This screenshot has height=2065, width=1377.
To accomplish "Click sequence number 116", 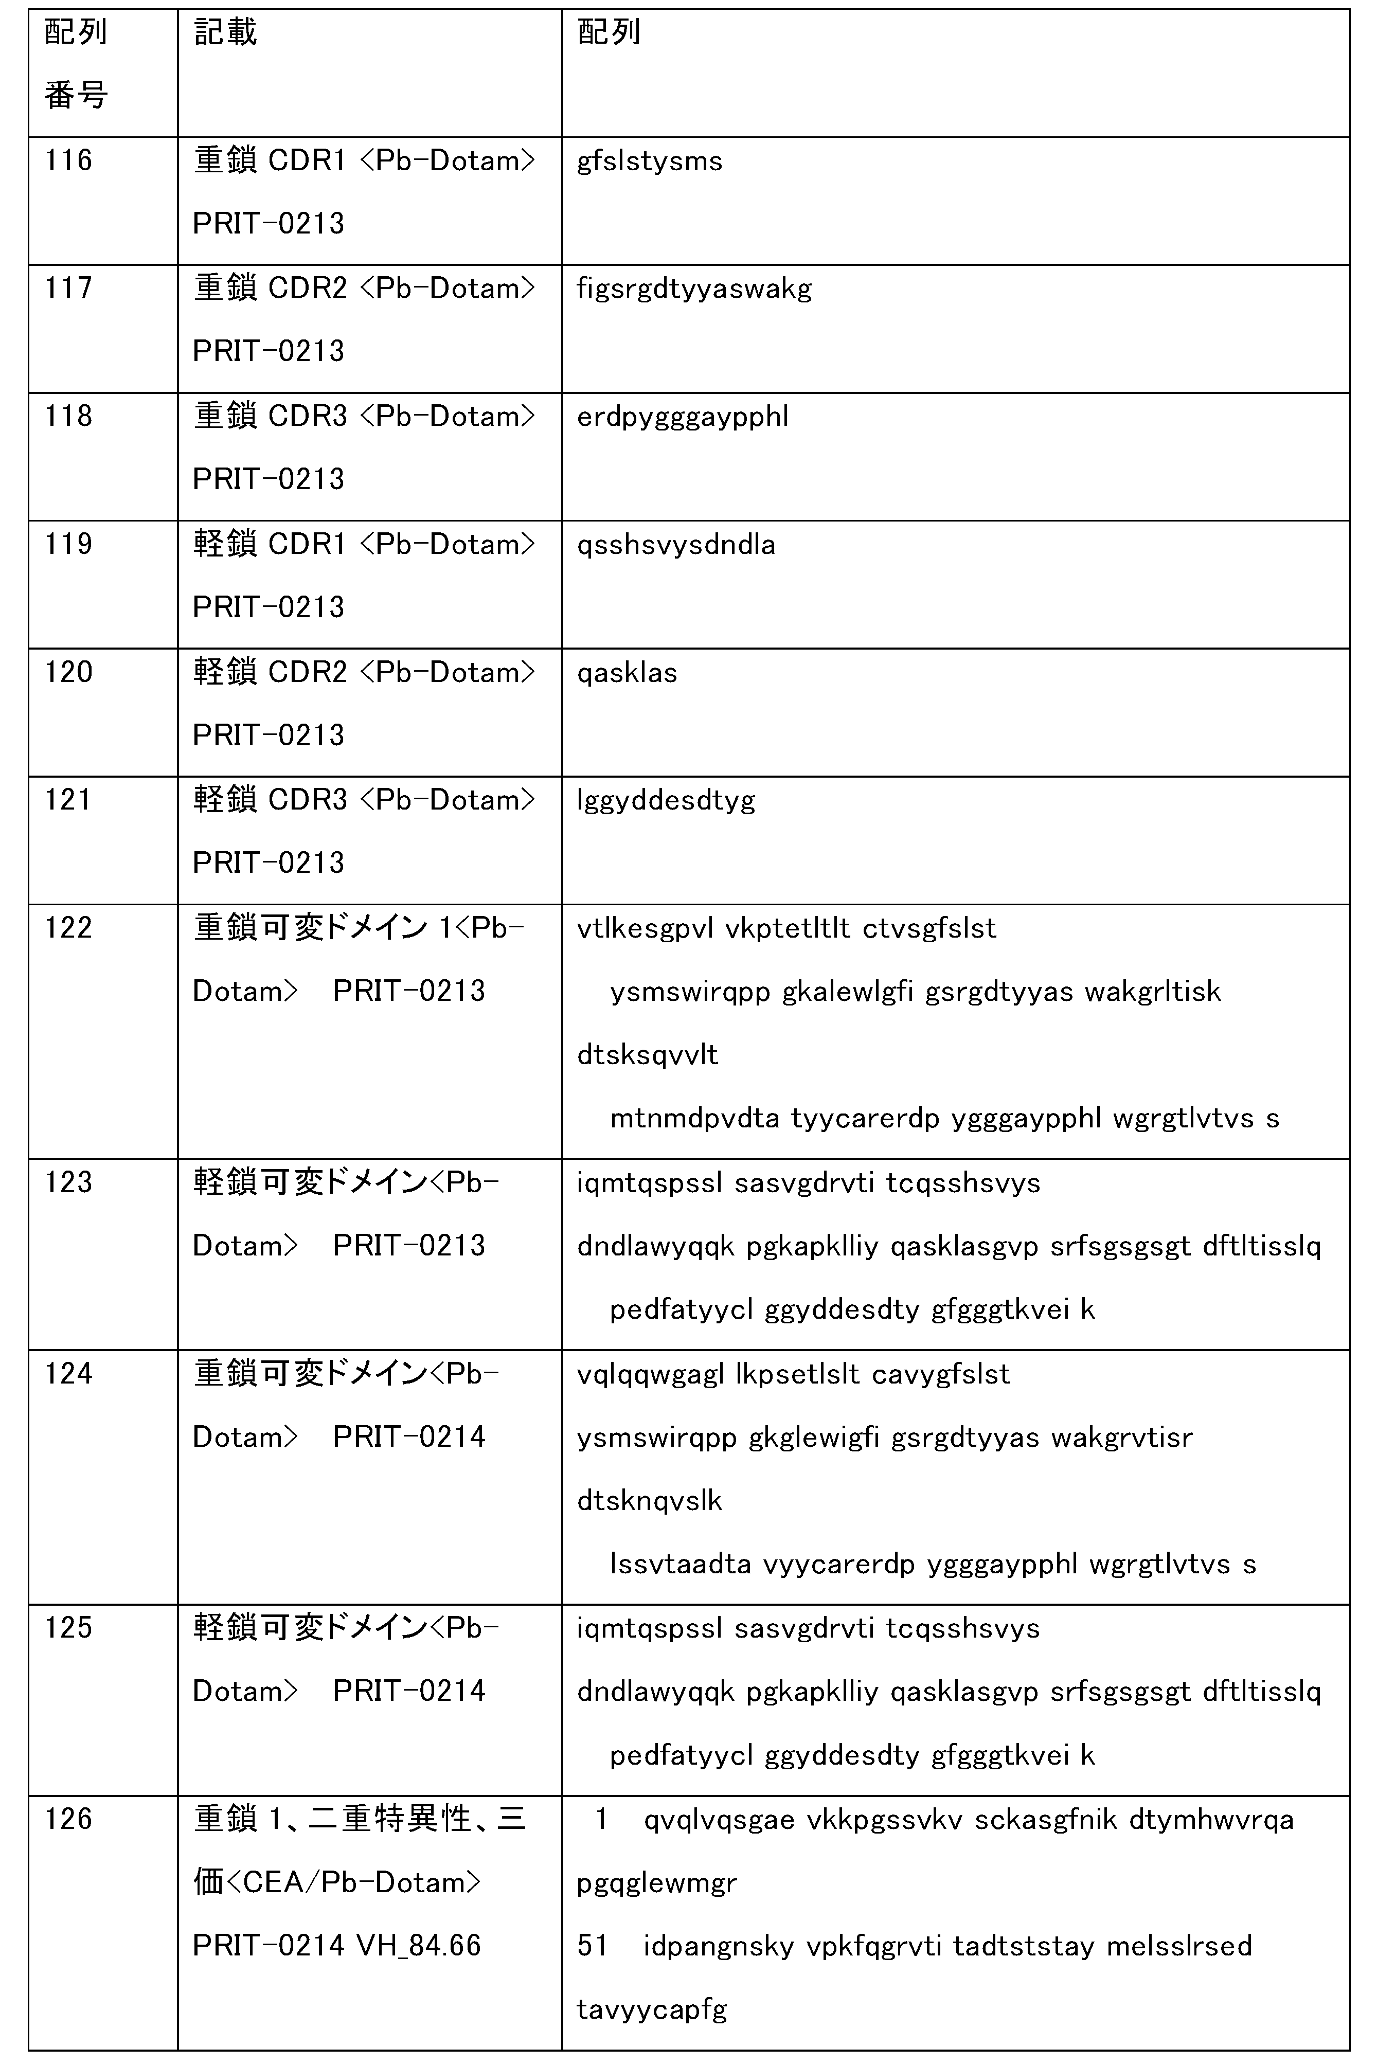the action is click(68, 160).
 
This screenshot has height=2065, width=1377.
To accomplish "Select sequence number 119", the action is click(68, 544).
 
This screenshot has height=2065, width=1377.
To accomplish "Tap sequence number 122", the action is click(68, 928).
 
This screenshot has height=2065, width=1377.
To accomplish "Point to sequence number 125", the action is click(68, 1628).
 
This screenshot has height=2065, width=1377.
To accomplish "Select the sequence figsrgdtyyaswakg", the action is click(694, 289).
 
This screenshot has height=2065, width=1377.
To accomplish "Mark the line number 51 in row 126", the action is click(593, 1946).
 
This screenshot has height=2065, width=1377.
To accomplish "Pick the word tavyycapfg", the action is click(652, 2009).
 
